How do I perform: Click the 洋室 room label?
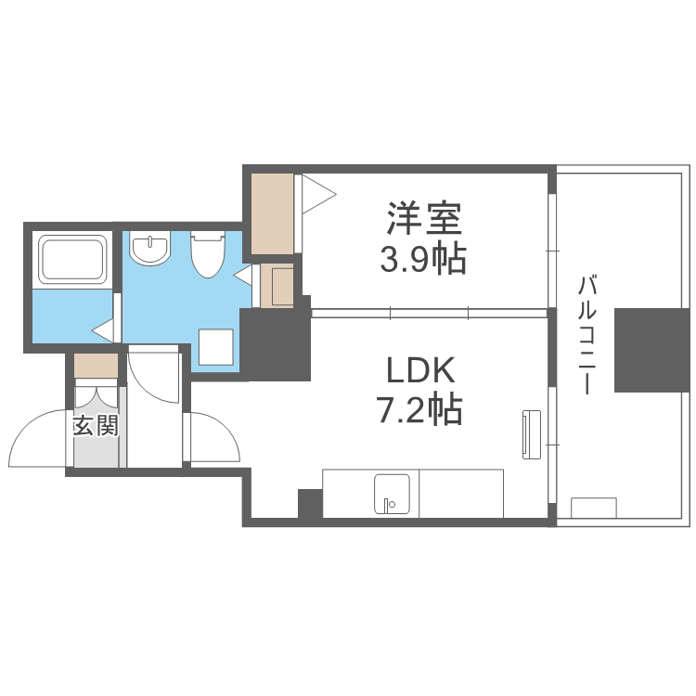(x=424, y=221)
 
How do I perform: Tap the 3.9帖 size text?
(x=422, y=261)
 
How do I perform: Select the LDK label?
(x=420, y=371)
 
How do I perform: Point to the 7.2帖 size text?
(x=420, y=409)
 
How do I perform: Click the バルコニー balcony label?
(x=586, y=334)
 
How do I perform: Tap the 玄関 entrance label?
(x=96, y=426)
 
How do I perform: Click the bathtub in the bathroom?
(x=71, y=259)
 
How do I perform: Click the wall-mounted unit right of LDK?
(x=531, y=432)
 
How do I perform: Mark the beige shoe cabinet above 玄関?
(x=97, y=366)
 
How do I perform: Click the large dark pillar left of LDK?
(x=276, y=343)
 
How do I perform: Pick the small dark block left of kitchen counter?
(x=309, y=503)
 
